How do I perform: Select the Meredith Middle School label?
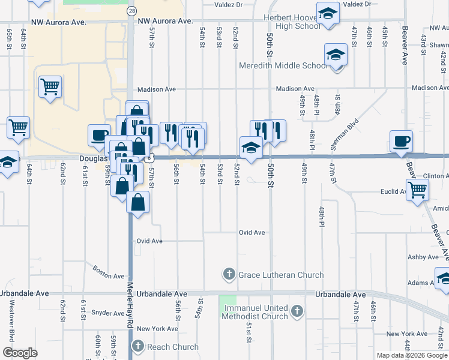pyautogui.click(x=284, y=66)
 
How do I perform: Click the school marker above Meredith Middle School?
pyautogui.click(x=336, y=55)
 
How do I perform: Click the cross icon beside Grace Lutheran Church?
pyautogui.click(x=229, y=275)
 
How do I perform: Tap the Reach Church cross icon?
pyautogui.click(x=137, y=346)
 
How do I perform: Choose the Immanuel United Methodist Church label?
pyautogui.click(x=256, y=312)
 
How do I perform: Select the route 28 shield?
pyautogui.click(x=131, y=11)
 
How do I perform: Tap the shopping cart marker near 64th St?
pyautogui.click(x=18, y=127)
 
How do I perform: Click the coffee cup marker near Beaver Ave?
pyautogui.click(x=401, y=142)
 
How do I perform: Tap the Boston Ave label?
pyautogui.click(x=109, y=272)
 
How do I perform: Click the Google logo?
pyautogui.click(x=20, y=353)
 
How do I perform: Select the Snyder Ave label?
pyautogui.click(x=108, y=313)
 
